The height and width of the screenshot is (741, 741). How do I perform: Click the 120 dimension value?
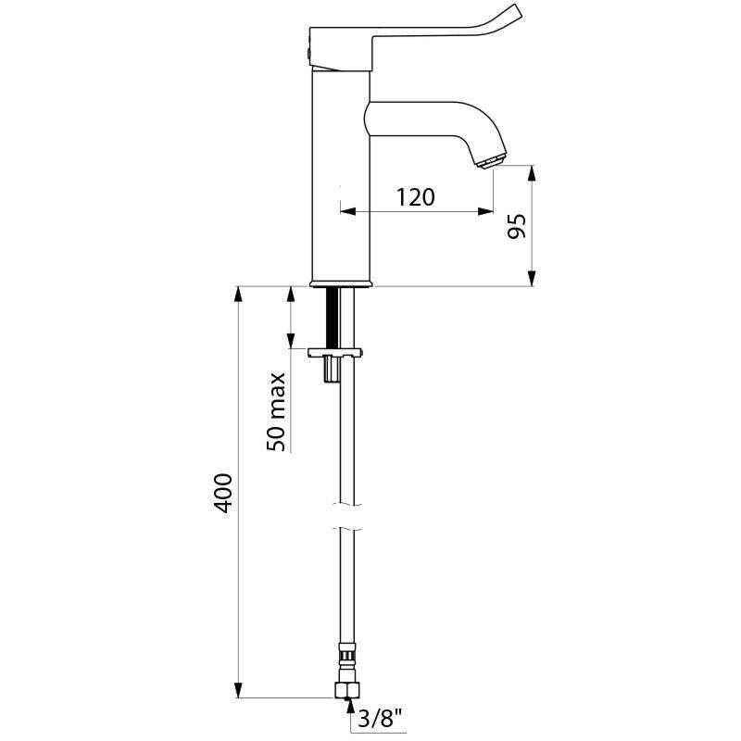tap(416, 196)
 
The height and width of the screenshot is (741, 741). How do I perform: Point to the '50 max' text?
tap(277, 411)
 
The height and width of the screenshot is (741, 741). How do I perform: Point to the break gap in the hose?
tap(346, 517)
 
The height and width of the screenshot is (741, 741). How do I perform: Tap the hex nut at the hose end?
tap(347, 691)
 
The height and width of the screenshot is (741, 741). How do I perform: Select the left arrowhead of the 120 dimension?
tap(347, 212)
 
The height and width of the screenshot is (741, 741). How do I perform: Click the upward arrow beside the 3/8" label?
tap(350, 710)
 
